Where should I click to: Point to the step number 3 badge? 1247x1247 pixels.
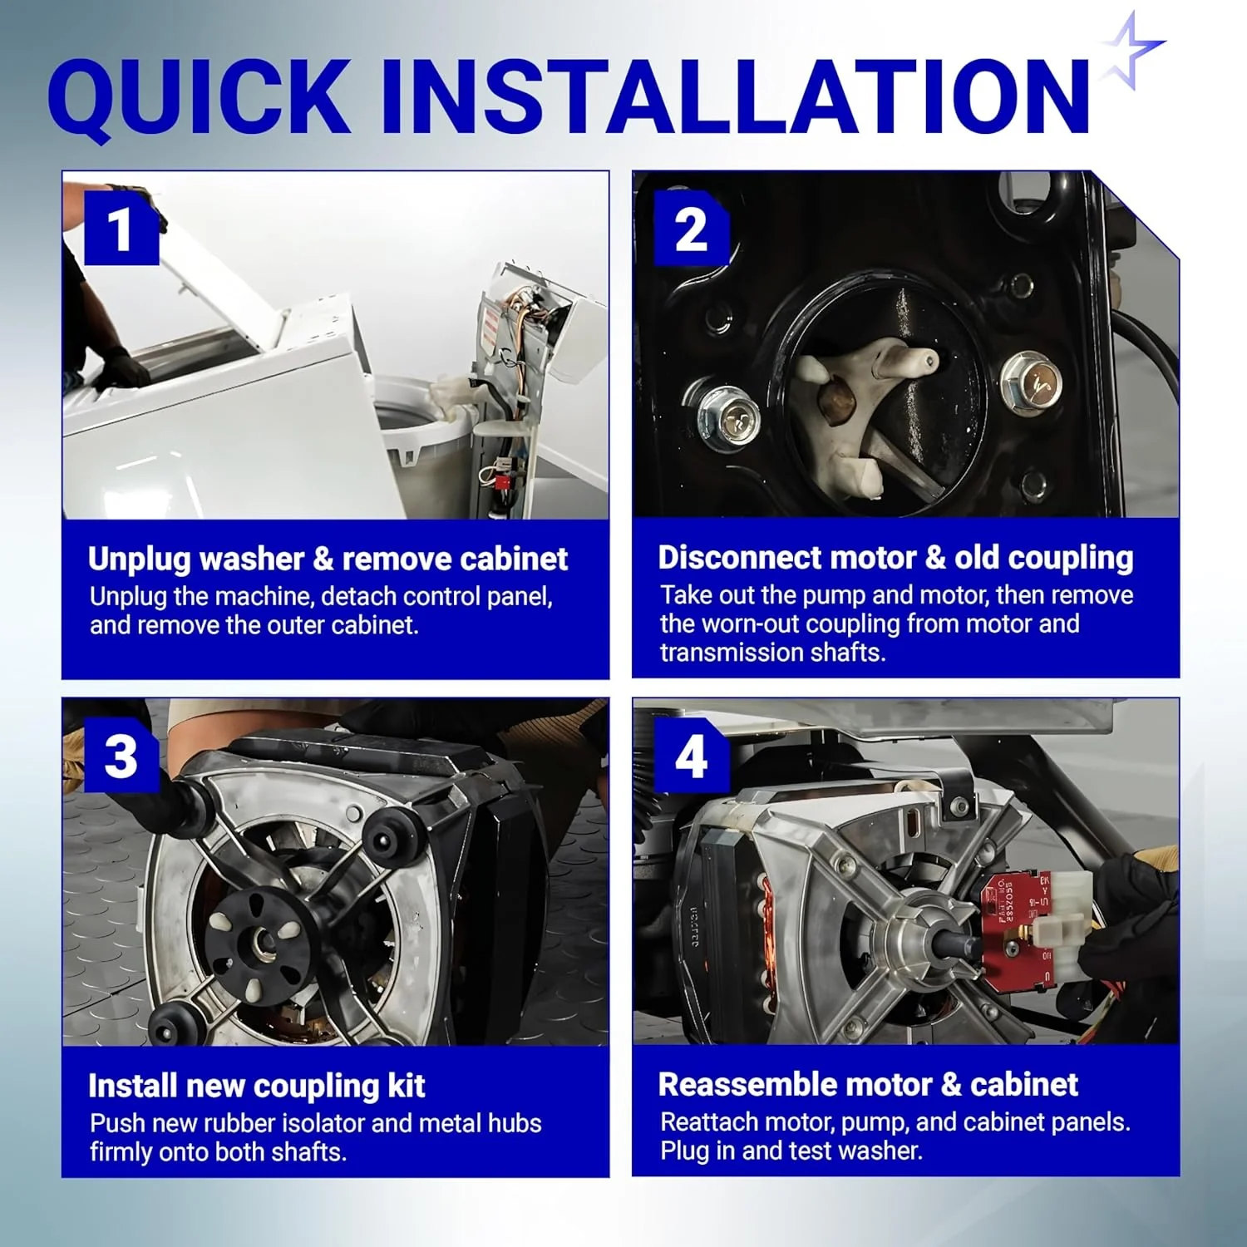[x=121, y=756]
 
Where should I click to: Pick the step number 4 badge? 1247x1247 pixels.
[x=692, y=756]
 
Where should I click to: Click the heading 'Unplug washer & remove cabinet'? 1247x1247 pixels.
[x=328, y=559]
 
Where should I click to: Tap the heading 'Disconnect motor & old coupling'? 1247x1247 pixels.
[x=895, y=558]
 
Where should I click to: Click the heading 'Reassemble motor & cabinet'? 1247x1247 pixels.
[x=868, y=1085]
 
